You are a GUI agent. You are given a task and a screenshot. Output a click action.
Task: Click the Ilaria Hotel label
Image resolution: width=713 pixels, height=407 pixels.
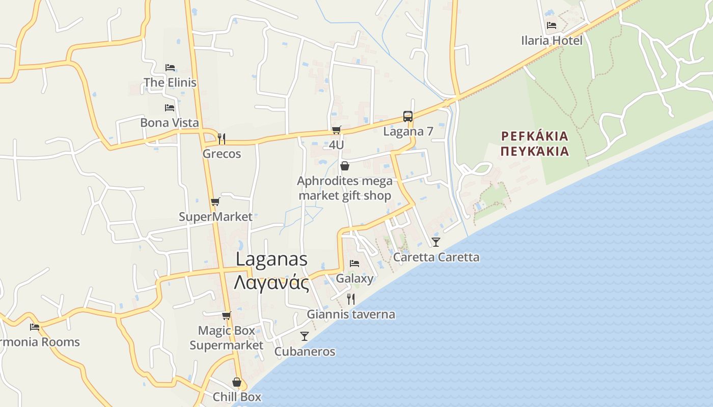(552, 41)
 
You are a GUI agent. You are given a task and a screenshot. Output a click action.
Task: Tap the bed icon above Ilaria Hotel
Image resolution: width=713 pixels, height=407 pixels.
(551, 25)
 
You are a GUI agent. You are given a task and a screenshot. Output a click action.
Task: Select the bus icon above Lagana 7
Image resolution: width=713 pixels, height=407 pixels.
(407, 117)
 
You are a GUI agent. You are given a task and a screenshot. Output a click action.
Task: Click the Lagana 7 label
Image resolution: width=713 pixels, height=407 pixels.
(408, 132)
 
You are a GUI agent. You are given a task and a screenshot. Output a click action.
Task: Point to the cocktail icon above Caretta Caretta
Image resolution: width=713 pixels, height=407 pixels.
(436, 242)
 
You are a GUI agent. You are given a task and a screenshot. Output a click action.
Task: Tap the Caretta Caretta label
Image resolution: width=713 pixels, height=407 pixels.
(436, 257)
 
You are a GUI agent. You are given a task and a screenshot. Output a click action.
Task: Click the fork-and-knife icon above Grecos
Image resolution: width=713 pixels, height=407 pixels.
(222, 138)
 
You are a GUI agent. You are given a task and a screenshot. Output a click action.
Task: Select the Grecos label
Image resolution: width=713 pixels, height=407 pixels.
(222, 154)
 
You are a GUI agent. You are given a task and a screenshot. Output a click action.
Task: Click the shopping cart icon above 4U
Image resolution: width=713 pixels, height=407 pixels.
(336, 130)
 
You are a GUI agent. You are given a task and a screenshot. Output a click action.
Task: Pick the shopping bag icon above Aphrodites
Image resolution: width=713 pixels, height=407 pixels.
(345, 166)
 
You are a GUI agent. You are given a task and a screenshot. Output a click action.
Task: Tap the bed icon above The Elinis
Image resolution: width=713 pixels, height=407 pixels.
(170, 67)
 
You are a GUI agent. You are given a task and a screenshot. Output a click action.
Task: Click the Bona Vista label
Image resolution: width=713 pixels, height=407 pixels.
(170, 123)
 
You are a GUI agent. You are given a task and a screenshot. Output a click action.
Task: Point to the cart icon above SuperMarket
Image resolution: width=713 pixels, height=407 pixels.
(215, 202)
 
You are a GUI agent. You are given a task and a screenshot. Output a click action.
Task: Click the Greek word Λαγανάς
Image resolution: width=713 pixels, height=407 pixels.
(271, 283)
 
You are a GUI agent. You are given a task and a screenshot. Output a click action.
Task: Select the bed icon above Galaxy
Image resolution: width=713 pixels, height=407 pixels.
(354, 264)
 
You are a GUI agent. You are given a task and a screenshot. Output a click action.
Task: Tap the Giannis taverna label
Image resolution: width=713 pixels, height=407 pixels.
(351, 314)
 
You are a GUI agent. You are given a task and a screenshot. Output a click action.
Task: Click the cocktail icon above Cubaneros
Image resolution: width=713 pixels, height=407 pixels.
(305, 336)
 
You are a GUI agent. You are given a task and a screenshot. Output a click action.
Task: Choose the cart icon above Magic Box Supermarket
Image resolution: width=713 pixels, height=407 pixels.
(227, 315)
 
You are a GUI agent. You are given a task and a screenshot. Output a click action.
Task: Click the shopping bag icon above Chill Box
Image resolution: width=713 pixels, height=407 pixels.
(237, 382)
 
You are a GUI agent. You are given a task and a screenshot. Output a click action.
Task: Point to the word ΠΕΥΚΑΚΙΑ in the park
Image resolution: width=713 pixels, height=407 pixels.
(534, 151)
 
